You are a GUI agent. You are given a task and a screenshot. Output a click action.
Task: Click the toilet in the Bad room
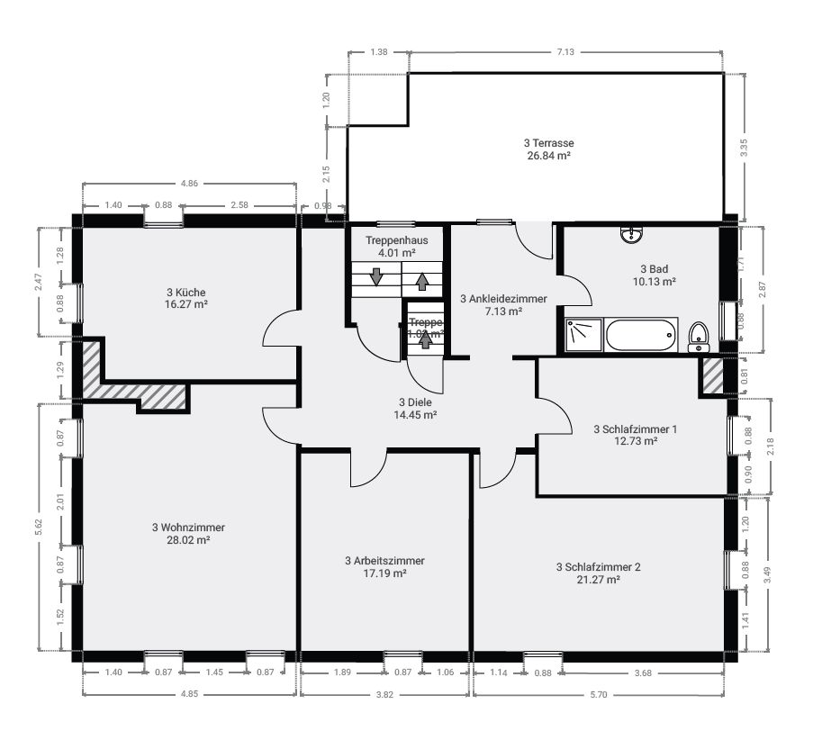tap(698, 337)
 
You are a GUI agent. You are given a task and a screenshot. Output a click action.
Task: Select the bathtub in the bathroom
tap(640, 335)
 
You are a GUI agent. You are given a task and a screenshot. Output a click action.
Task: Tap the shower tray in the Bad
tap(583, 334)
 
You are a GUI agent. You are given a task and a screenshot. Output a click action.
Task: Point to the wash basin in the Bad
tap(632, 236)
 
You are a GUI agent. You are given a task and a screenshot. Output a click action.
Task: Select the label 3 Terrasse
tap(548, 143)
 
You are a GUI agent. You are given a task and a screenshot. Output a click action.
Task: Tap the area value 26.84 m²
tap(548, 156)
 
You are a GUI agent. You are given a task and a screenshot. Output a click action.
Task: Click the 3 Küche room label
tap(187, 293)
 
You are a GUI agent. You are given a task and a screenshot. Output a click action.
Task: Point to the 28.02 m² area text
tap(188, 540)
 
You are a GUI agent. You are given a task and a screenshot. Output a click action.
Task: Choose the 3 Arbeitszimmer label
tap(384, 560)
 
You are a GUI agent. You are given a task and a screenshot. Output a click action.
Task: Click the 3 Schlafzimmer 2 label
tap(598, 567)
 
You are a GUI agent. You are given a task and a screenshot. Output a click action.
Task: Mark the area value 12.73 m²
tap(635, 441)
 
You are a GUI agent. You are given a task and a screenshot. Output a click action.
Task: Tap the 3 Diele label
tap(415, 402)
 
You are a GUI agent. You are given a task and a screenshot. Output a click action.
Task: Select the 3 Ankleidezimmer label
tap(503, 298)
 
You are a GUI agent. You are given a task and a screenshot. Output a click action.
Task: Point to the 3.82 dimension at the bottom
tap(384, 694)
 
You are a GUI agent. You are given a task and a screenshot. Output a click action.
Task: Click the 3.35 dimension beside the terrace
tap(744, 149)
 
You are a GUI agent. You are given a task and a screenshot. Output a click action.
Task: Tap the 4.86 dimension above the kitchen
tap(189, 184)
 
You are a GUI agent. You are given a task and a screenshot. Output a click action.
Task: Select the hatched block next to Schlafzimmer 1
tap(712, 376)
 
